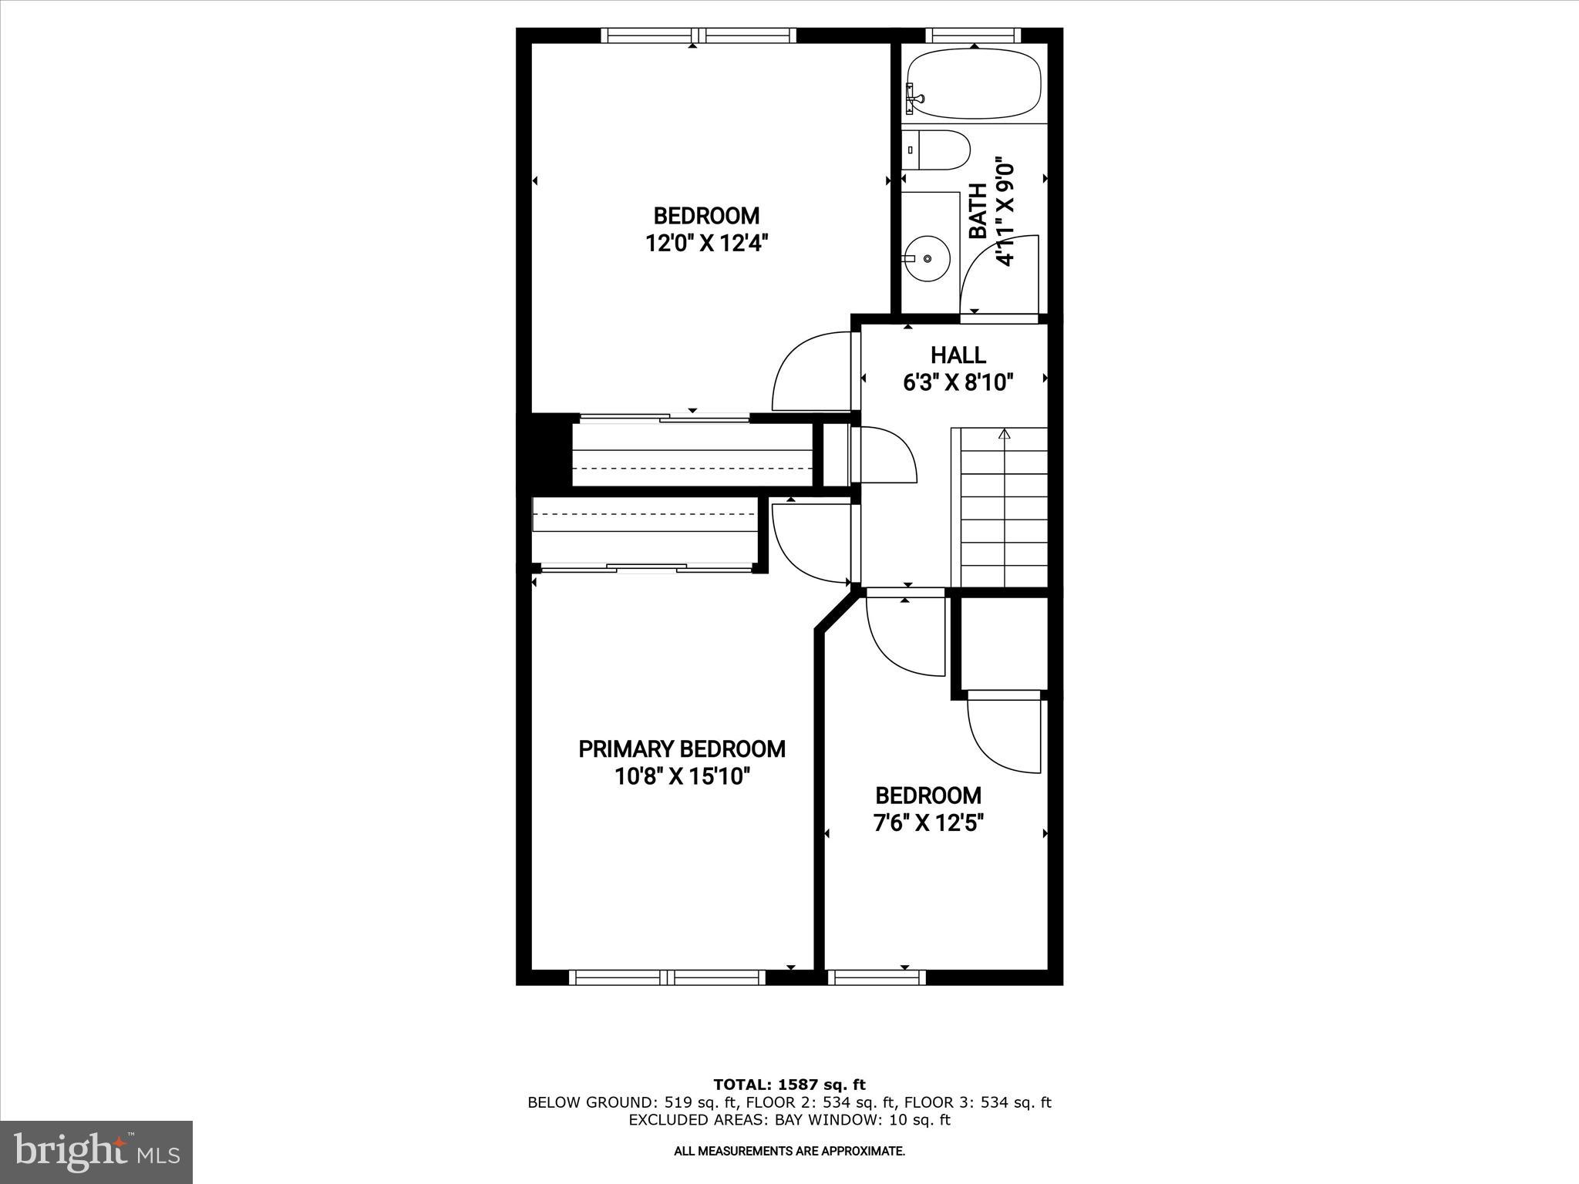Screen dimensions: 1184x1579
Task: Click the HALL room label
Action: point(958,355)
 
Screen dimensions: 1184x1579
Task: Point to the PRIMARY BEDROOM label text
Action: point(682,749)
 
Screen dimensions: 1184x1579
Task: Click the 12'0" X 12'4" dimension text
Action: point(707,244)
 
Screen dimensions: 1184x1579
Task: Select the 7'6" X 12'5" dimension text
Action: point(928,823)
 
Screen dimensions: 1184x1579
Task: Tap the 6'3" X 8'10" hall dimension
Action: point(958,382)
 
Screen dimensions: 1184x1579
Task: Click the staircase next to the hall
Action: point(1003,509)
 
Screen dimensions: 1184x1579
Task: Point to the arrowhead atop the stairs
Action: point(1004,435)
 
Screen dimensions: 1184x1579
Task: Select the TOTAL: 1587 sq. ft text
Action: point(789,1085)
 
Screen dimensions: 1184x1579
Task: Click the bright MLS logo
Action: point(96,1152)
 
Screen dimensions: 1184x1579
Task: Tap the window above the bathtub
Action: point(973,35)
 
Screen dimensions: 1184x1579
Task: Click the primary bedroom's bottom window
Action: point(667,977)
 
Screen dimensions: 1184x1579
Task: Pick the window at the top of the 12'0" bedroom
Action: point(698,35)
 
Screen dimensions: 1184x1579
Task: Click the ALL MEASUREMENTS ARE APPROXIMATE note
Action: point(789,1152)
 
